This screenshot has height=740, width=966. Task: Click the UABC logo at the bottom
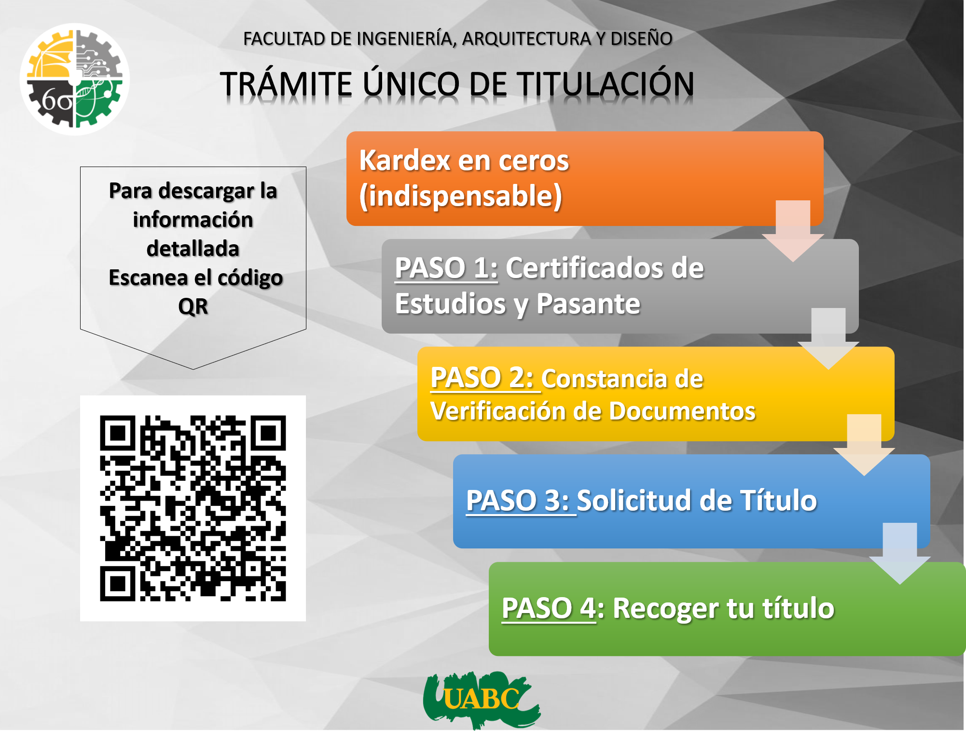(482, 700)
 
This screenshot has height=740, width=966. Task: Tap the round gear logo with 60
(75, 79)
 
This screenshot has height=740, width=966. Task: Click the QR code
(193, 508)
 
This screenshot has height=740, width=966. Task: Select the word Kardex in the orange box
(404, 160)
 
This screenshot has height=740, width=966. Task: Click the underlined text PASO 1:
(446, 268)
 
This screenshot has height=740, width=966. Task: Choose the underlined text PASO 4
(549, 608)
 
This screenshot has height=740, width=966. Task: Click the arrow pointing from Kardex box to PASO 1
(793, 231)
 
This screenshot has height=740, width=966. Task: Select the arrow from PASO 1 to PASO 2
(828, 339)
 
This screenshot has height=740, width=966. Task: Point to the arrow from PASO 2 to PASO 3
(864, 445)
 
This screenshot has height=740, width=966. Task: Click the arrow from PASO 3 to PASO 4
(900, 554)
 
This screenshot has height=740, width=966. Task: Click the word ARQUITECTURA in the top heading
(526, 39)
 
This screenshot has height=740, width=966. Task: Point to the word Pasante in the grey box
(588, 304)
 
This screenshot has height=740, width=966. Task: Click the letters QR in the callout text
(193, 307)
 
